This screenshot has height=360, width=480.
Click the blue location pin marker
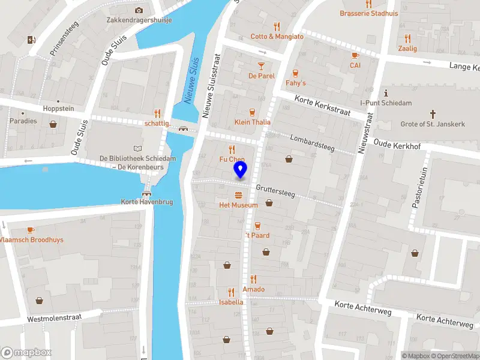(241, 170)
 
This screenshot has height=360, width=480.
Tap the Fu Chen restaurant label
(232, 160)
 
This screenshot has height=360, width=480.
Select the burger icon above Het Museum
(239, 195)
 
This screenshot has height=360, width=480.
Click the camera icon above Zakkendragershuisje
(139, 10)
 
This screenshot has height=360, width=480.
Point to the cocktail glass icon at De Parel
(262, 65)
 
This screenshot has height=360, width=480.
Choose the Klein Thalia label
(252, 122)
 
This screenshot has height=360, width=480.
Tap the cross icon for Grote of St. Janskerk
(433, 114)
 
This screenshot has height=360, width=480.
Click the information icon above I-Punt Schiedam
(386, 93)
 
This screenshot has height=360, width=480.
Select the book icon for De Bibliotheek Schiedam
(138, 148)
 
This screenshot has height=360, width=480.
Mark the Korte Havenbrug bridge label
(147, 202)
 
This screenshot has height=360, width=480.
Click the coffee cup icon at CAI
(355, 55)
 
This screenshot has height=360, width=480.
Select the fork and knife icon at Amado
(253, 279)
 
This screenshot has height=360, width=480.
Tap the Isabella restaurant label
(232, 302)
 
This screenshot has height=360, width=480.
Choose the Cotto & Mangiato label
(277, 37)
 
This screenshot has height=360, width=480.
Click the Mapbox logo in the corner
(26, 353)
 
